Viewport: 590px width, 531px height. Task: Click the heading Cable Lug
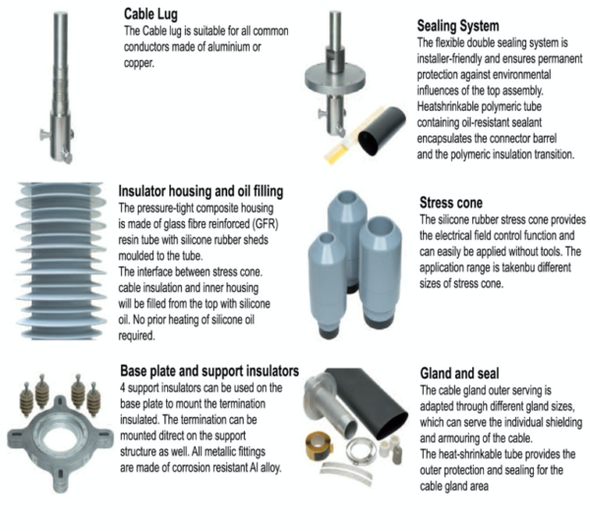pyautogui.click(x=150, y=15)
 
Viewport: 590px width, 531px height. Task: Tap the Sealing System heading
pyautogui.click(x=458, y=26)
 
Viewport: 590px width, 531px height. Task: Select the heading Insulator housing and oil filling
pyautogui.click(x=201, y=191)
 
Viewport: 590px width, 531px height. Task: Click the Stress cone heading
pyautogui.click(x=450, y=203)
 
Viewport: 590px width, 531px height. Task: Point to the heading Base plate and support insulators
pyautogui.click(x=209, y=371)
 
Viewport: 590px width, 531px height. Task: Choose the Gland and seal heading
pyautogui.click(x=459, y=374)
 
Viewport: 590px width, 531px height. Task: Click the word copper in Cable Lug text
pyautogui.click(x=139, y=63)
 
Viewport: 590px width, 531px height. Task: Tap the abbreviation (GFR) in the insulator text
pyautogui.click(x=265, y=224)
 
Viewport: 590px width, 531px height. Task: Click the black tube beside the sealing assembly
pyautogui.click(x=381, y=130)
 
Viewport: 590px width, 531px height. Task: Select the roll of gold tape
pyautogui.click(x=320, y=445)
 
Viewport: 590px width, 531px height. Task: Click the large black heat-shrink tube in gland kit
pyautogui.click(x=367, y=402)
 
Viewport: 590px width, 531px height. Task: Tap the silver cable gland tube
pyautogui.click(x=331, y=406)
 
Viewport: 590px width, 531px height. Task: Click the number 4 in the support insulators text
pyautogui.click(x=123, y=387)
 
